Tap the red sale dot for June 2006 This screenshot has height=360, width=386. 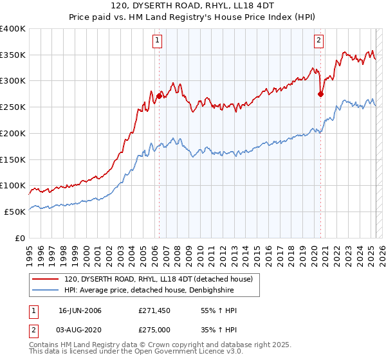click(x=159, y=95)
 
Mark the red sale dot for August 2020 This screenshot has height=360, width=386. click(x=320, y=94)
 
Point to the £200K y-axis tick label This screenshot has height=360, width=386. click(x=13, y=133)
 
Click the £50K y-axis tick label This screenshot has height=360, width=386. click(x=15, y=212)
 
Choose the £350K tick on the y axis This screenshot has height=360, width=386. click(x=13, y=55)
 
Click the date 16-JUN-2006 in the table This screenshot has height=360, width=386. click(x=80, y=310)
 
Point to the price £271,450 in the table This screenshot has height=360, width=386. click(x=154, y=310)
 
